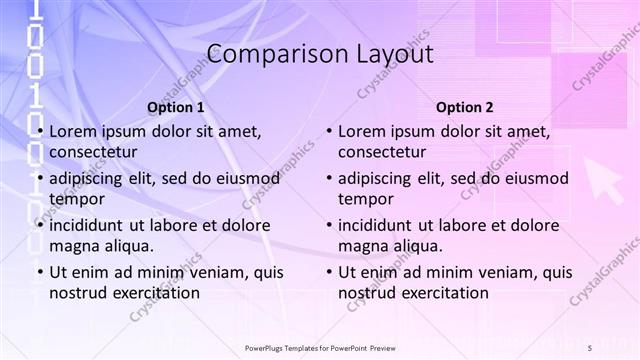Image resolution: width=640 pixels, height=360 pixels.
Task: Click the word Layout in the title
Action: pos(390,54)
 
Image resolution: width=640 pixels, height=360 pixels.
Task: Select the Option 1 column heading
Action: pos(175,107)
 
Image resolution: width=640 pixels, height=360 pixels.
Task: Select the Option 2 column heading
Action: pos(465,107)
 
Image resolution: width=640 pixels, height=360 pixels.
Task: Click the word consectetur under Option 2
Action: pos(383,152)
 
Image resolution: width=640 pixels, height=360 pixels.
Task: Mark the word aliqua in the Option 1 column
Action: pos(128,246)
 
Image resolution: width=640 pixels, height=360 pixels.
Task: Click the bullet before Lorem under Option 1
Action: pos(39,132)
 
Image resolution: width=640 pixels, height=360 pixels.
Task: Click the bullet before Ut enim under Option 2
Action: pos(329,272)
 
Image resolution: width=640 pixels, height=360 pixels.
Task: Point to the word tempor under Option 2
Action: pos(366,199)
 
